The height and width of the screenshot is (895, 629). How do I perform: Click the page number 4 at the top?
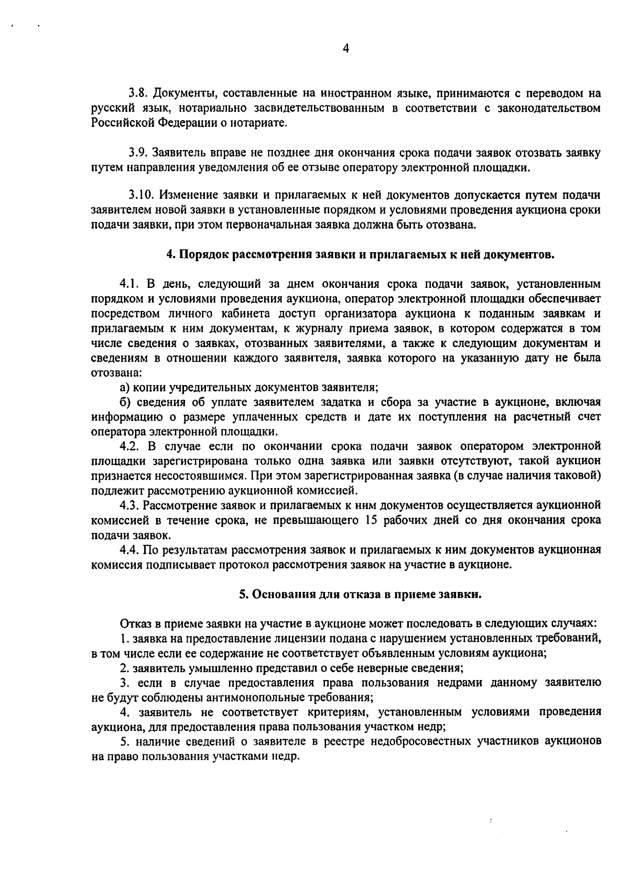[345, 49]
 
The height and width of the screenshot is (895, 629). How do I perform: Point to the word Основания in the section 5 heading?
[277, 595]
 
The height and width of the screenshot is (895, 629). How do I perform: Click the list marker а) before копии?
[125, 387]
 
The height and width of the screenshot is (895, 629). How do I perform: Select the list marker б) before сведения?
[125, 402]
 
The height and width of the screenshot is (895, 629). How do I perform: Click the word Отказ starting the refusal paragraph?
[134, 624]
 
